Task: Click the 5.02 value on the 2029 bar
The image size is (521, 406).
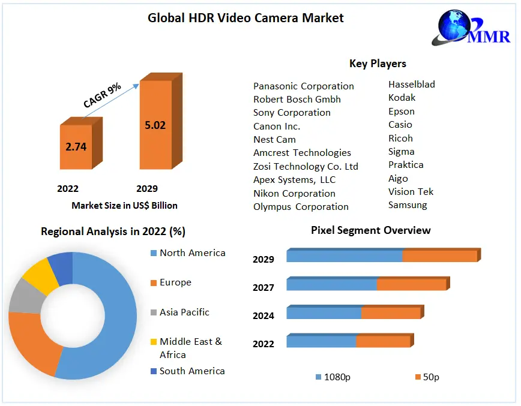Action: (x=155, y=125)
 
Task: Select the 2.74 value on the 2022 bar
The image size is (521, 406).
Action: (x=76, y=146)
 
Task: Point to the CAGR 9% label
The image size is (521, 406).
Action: (x=102, y=95)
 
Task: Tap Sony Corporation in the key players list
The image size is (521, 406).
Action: (x=292, y=113)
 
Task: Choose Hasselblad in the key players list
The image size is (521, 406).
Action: (x=411, y=85)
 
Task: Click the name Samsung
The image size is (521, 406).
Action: (x=408, y=205)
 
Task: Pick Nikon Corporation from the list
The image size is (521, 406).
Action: (x=294, y=193)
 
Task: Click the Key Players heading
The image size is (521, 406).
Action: (x=378, y=64)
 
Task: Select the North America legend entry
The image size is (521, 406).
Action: (x=192, y=253)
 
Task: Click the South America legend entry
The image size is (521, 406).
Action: (x=192, y=371)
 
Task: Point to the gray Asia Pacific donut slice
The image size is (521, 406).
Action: (x=22, y=296)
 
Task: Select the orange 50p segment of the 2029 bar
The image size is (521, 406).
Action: (x=439, y=256)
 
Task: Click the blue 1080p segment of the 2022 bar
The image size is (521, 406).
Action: (x=321, y=341)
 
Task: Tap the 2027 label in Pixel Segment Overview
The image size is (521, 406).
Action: (x=264, y=288)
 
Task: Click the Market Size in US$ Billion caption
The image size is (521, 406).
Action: (x=124, y=206)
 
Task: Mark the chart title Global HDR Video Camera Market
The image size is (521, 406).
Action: (x=245, y=18)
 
